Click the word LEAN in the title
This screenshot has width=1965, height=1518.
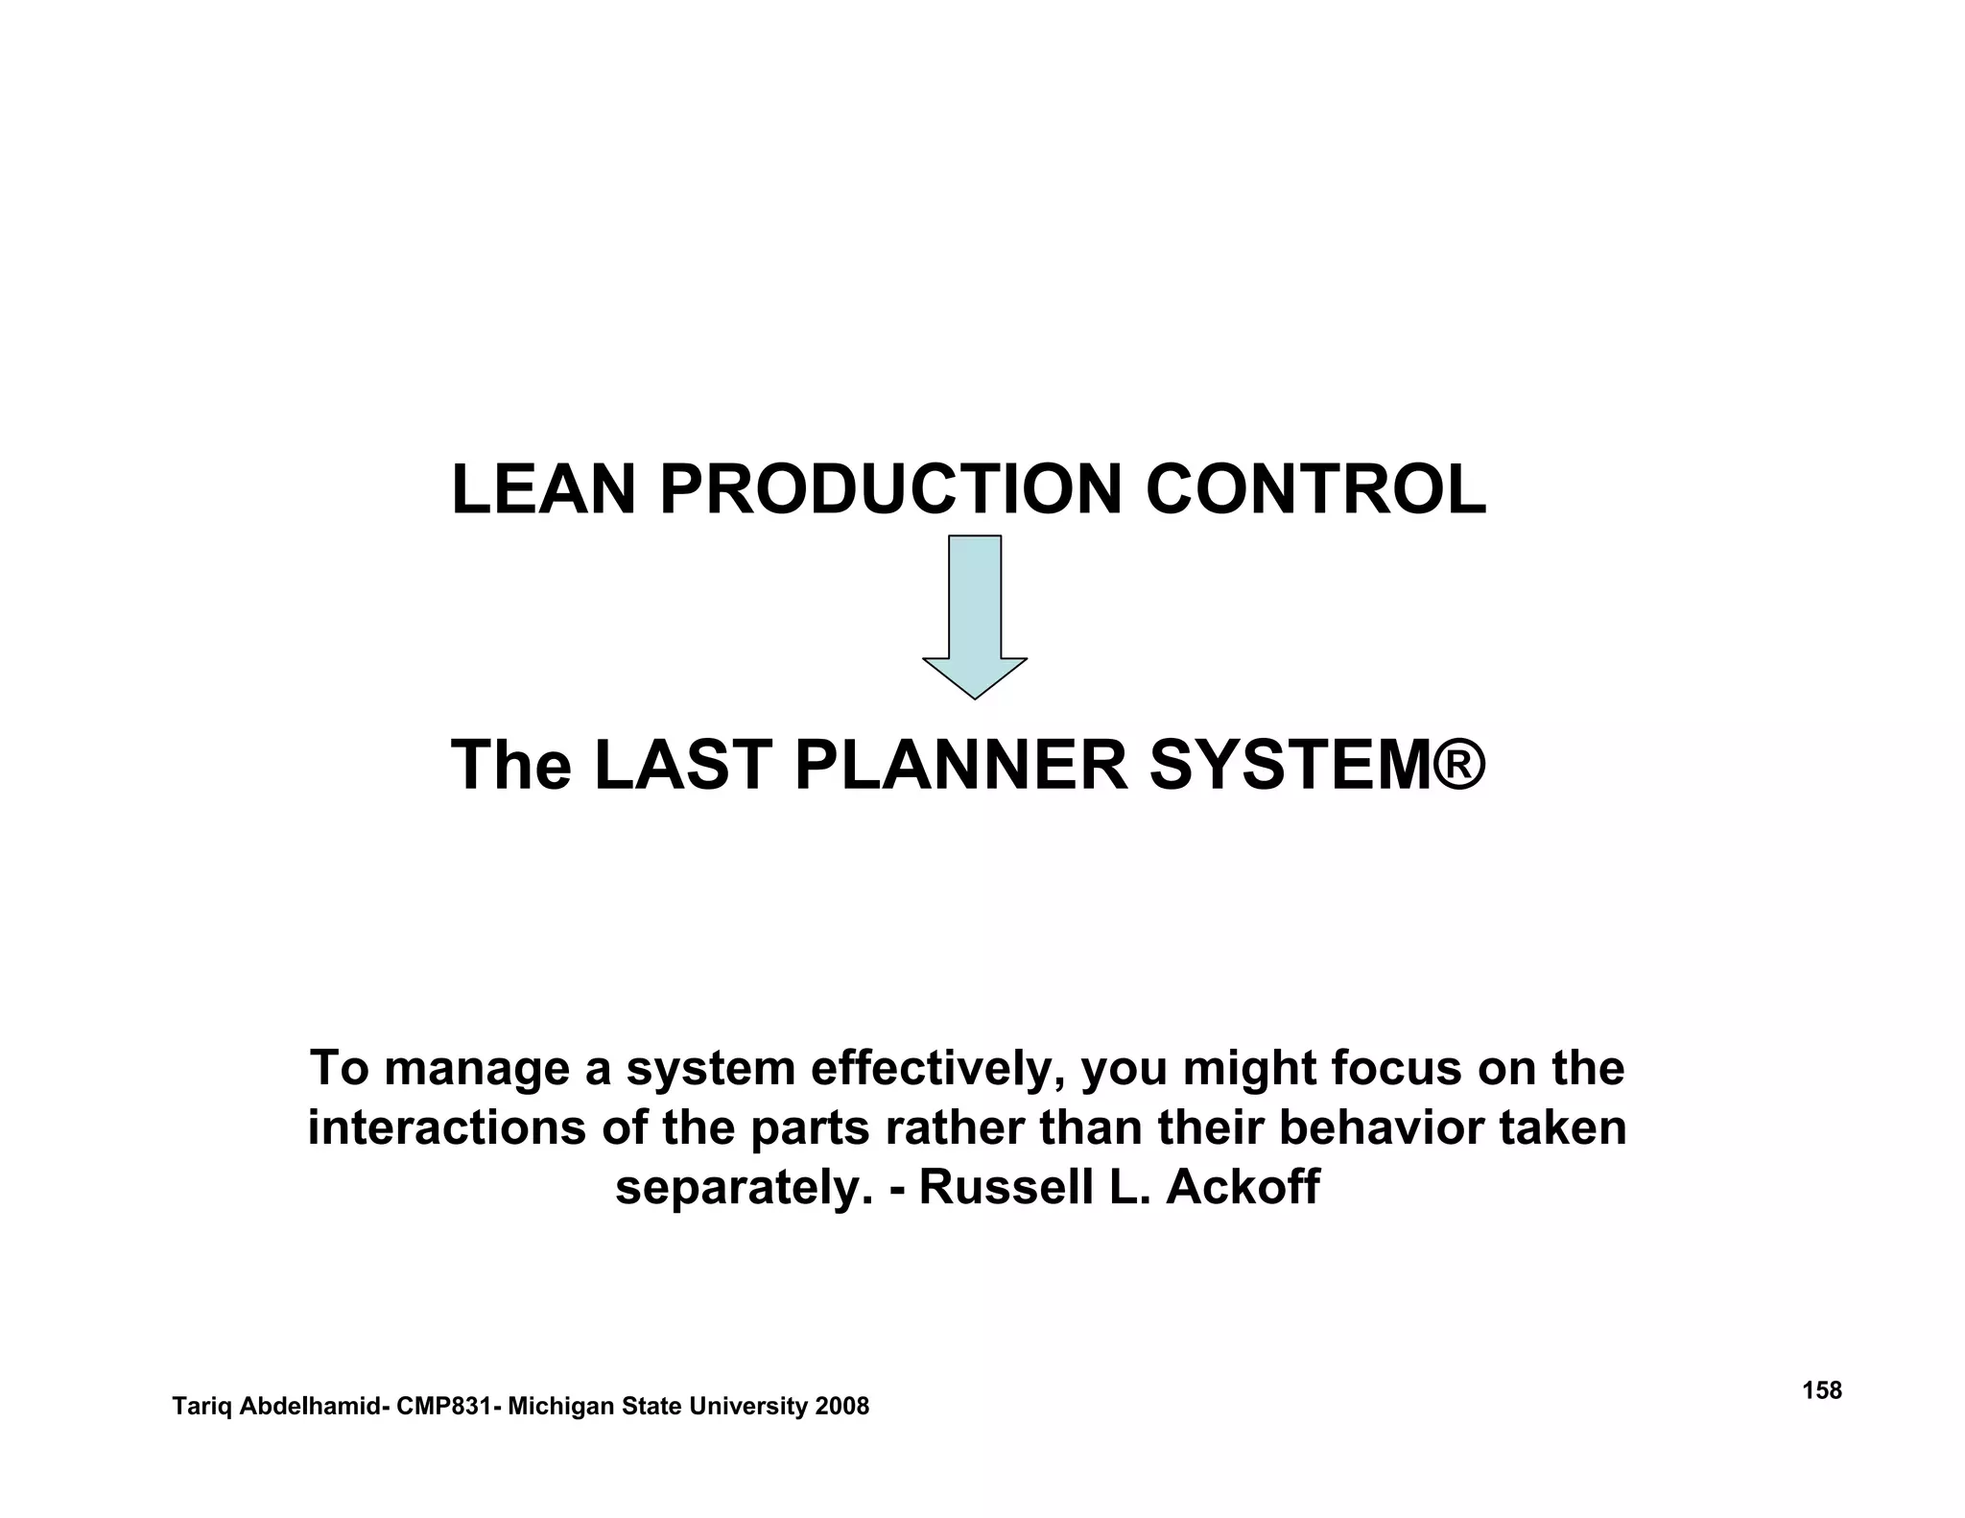(x=543, y=490)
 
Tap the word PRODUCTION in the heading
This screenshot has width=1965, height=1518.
(x=890, y=490)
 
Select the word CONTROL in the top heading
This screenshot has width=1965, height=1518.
(x=1315, y=490)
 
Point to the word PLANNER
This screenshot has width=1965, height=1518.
(x=961, y=766)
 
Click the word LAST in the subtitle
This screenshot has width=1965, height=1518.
(x=683, y=766)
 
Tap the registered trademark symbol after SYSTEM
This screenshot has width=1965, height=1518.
(x=1460, y=766)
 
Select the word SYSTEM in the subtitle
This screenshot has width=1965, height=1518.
(x=1290, y=766)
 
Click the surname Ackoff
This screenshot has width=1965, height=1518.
(x=1243, y=1187)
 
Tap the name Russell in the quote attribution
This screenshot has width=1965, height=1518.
(x=1006, y=1187)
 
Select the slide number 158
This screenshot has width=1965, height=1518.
(x=1822, y=1390)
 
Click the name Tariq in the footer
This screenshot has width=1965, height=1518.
(x=202, y=1407)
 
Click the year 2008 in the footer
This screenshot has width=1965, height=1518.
(x=841, y=1407)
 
